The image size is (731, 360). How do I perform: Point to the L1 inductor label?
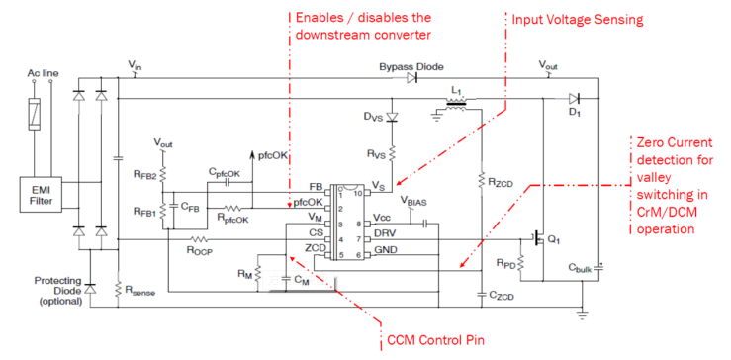point(456,92)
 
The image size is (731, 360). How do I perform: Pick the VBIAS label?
point(414,201)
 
